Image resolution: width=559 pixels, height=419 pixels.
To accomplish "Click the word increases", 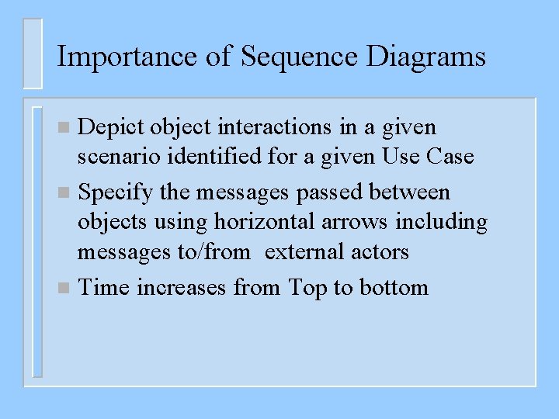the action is point(182,288).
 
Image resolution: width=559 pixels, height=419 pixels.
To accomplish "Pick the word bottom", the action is point(394,288).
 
